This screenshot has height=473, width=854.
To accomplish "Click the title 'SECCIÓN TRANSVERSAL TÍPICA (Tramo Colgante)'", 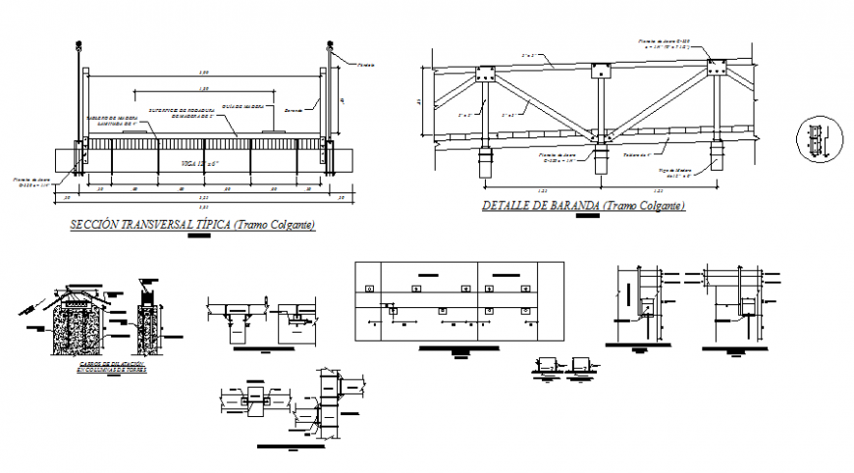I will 192,226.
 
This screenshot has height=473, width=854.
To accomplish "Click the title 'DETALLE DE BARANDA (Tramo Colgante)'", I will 583,206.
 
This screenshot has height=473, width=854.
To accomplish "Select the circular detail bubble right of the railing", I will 817,140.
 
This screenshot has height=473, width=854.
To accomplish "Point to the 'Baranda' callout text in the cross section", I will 292,111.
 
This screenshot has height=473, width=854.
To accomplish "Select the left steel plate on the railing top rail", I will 484,75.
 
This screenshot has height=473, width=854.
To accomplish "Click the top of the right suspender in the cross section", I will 330,45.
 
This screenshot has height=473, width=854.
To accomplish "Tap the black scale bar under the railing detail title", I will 587,217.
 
